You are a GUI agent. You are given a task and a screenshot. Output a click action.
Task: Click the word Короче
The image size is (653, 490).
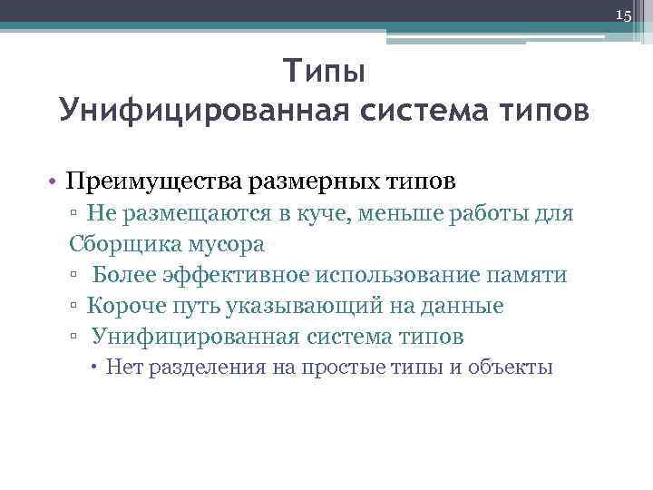point(125,306)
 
